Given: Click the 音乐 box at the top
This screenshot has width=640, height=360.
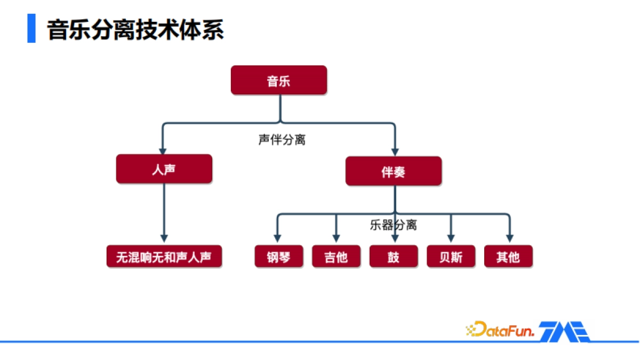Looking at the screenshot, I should pos(278,81).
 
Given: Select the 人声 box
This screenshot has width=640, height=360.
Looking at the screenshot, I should pos(164,169).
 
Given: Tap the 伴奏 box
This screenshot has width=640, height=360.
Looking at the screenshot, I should pos(394,171).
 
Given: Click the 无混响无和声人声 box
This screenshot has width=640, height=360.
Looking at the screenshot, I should pos(164,257).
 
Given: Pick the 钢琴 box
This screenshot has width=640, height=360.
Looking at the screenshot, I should pos(279,257).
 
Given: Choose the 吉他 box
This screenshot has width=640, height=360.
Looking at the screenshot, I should pos(336,257).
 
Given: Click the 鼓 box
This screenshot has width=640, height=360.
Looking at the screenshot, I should pos(394,257).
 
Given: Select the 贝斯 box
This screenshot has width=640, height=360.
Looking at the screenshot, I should pos(451,257).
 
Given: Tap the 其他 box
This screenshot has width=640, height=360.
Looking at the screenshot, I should pos(508,257).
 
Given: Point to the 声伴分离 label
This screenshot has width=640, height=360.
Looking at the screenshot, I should pos(282,140).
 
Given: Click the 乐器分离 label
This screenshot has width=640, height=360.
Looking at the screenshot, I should pos(393,225).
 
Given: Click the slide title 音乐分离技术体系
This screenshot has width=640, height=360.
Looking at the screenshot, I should pos(135,30).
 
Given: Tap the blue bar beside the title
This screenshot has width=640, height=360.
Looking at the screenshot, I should pos(31,29).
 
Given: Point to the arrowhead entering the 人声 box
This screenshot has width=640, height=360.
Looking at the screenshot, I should pos(163,151).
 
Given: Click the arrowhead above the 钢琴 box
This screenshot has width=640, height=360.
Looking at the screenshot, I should pos(277,237).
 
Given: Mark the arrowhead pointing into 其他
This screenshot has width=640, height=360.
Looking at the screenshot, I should pos(509,237).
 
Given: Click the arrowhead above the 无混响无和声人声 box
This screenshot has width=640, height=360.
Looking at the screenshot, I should pos(164,238).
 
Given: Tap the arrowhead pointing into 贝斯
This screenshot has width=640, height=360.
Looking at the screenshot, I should pos(451,237).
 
